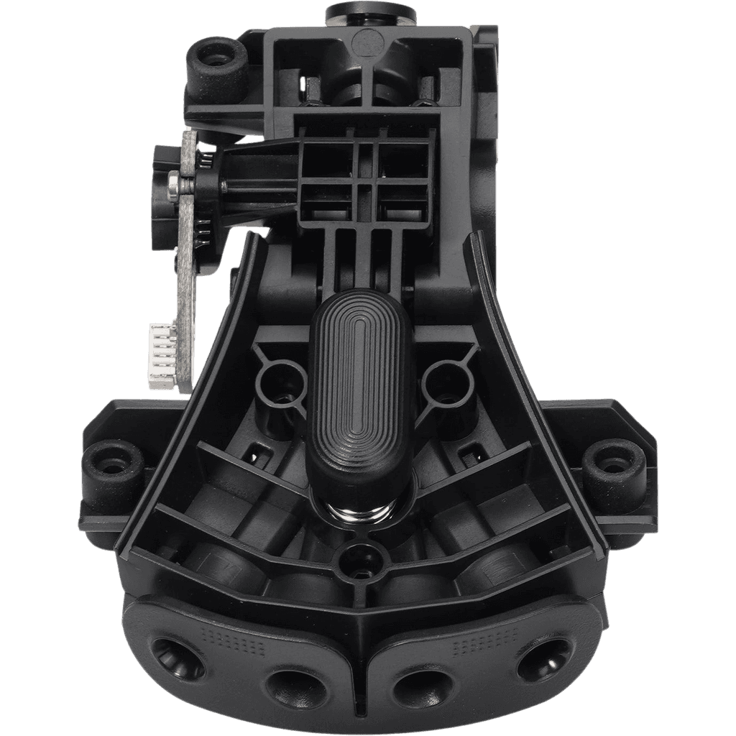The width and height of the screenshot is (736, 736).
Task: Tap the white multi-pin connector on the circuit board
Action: coord(162,356)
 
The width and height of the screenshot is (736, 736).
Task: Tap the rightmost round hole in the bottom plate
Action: coord(546,656)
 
